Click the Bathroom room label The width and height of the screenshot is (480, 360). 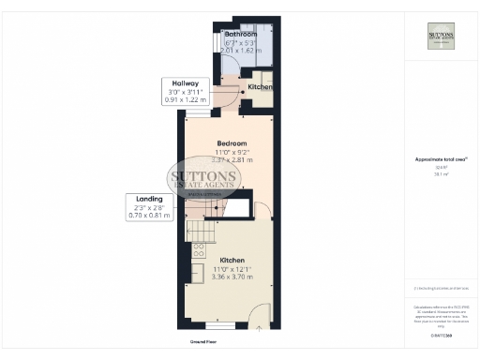(241, 35)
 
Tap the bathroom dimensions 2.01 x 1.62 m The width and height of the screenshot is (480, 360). (241, 51)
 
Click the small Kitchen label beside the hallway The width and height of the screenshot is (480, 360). (260, 87)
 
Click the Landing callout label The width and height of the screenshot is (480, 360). (148, 199)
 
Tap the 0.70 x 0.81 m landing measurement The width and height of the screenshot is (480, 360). (148, 216)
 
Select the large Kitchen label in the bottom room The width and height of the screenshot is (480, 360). (232, 260)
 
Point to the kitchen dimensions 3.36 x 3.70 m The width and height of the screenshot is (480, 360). (232, 277)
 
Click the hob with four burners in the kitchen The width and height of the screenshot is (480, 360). (199, 249)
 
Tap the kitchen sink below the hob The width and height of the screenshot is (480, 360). (198, 272)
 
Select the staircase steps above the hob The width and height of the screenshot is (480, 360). (200, 229)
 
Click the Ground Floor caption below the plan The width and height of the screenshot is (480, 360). (203, 342)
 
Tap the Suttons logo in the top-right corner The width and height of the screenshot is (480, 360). (441, 35)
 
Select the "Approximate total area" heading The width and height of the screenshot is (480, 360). (441, 159)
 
